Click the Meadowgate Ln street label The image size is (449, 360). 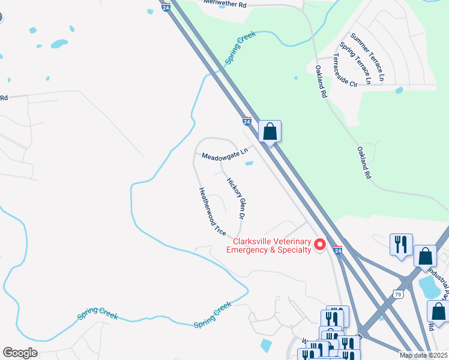[224, 155]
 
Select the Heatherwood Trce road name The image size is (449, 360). [211, 211]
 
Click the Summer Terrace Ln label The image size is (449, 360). [368, 58]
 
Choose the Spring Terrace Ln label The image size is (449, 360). [355, 62]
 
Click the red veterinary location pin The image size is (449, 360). [320, 245]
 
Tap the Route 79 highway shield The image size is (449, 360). [398, 293]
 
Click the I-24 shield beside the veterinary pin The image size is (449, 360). [338, 250]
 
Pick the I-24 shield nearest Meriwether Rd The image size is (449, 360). [166, 6]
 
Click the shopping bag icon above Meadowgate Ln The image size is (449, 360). [270, 131]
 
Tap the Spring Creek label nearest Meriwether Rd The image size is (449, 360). [240, 48]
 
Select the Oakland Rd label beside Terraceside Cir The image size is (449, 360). [322, 82]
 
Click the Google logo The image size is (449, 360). [20, 353]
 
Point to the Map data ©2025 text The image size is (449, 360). [423, 355]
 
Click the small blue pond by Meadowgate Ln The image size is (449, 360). [249, 163]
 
